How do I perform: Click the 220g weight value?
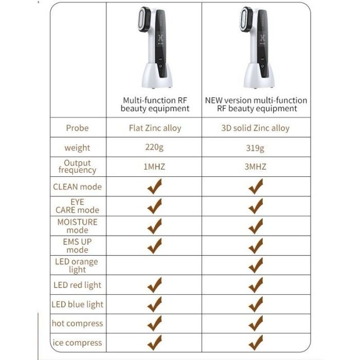pos(154,148)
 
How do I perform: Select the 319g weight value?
pos(256,148)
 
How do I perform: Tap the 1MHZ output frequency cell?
pos(154,167)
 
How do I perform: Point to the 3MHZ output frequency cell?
pos(256,167)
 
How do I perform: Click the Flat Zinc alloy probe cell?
pos(155,128)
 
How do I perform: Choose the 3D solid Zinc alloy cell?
pos(256,128)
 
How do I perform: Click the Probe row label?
pos(77,128)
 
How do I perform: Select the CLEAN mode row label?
pos(77,187)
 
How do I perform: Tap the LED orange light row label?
pos(77,265)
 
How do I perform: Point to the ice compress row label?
pos(77,343)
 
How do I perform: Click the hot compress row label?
pos(77,323)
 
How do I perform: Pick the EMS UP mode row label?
pos(77,245)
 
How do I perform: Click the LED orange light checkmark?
pos(256,265)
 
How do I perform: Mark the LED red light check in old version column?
pos(154,284)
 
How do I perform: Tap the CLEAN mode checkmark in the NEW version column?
pos(256,187)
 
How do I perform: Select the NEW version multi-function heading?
pos(256,104)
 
